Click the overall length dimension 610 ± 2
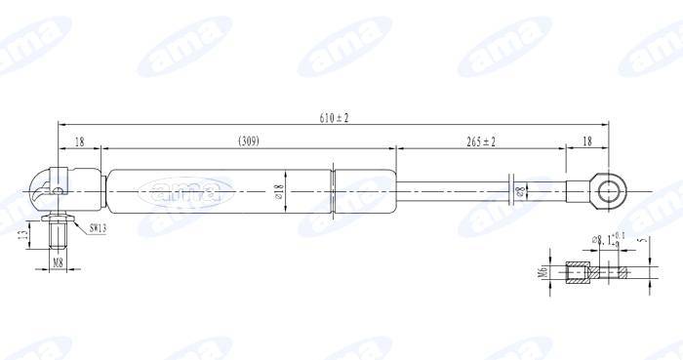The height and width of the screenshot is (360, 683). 335,118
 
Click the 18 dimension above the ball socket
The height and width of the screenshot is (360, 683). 79,142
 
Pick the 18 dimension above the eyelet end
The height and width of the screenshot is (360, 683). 586,142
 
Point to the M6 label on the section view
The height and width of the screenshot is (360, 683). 539,272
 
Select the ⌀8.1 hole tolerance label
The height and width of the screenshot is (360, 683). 603,238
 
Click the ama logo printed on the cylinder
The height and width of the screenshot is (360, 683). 185,189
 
